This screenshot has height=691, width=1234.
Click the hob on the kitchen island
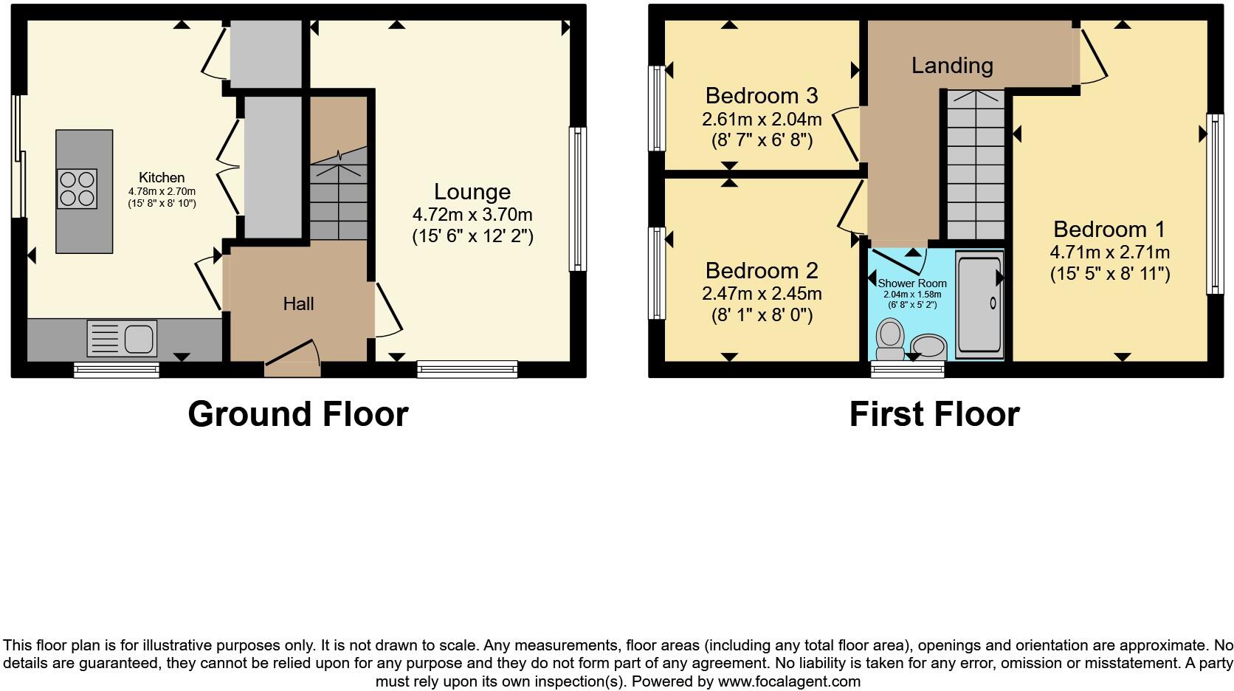point(77,190)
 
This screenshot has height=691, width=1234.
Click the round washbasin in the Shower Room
point(929,345)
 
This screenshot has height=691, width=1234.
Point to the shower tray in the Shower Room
point(979,304)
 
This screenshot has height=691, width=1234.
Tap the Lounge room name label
point(472,192)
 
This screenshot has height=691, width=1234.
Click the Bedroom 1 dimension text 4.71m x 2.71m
point(1109,252)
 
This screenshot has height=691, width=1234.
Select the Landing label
point(951,66)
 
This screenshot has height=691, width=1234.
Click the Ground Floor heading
point(297,414)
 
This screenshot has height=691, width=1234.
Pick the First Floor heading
point(934,414)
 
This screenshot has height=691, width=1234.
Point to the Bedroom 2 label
point(762,270)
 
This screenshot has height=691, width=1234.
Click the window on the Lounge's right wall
point(578,199)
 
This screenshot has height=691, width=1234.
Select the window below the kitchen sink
point(117,369)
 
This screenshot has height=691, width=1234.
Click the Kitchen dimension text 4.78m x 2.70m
point(162,190)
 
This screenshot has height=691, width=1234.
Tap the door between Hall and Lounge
point(387,310)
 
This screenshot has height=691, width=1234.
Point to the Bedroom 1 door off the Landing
point(1092,55)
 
